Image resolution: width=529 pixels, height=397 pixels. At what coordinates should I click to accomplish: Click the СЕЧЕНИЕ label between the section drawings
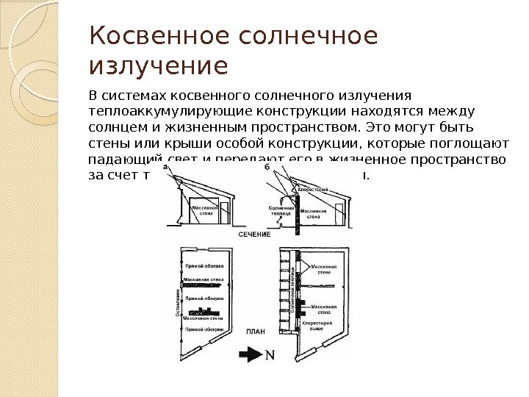pyautogui.click(x=254, y=234)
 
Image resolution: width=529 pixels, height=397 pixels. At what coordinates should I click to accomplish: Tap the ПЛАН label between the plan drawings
pyautogui.click(x=255, y=332)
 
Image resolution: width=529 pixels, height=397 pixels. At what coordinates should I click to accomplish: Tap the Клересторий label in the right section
pyautogui.click(x=312, y=190)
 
